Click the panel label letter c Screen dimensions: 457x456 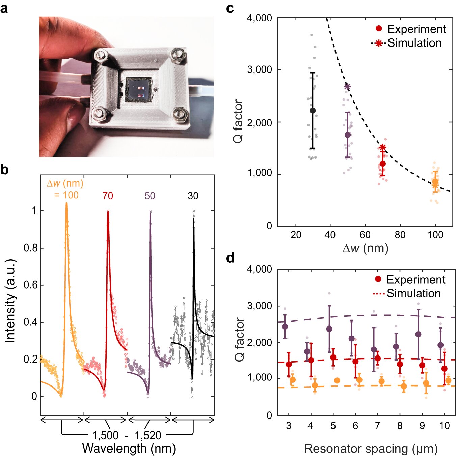point(230,8)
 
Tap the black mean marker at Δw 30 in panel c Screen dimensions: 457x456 point(313,110)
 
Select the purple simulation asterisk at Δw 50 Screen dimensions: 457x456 point(347,87)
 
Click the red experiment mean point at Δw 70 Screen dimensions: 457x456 point(382,164)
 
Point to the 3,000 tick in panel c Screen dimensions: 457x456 point(260,70)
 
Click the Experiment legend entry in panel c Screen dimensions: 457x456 point(416,29)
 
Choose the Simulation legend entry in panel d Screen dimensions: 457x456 point(413,293)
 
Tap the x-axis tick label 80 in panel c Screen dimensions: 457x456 point(400,235)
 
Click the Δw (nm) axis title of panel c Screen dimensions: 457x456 point(366,248)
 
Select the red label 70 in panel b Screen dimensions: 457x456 point(108,196)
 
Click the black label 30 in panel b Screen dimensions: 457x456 point(193,196)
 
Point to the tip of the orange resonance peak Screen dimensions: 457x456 point(66,203)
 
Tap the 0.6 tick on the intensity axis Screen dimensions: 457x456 point(30,285)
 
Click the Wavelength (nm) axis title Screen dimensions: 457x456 point(129,449)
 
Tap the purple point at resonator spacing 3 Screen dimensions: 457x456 point(285,326)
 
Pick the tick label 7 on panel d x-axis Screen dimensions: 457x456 point(378,426)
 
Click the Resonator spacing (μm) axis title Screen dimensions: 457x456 point(371,449)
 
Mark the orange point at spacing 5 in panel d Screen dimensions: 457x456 point(337,381)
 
